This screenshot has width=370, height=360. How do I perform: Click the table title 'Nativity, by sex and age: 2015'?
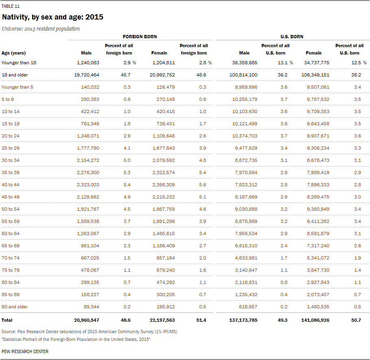[52, 17]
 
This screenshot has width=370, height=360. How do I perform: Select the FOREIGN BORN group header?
[140, 37]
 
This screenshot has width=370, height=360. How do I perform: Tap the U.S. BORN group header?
[292, 37]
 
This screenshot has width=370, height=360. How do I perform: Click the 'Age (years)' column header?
[14, 53]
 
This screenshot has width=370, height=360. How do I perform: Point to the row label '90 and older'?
[15, 307]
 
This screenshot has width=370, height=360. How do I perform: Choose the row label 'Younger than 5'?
[17, 87]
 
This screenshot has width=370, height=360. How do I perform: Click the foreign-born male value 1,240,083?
[88, 63]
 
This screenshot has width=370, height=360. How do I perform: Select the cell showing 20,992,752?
[162, 75]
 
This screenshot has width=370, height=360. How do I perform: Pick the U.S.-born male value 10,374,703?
[245, 136]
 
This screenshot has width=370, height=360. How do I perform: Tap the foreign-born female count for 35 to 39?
[163, 172]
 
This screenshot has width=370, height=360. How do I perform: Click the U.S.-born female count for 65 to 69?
[318, 246]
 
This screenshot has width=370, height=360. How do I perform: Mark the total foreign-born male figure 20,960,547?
[87, 321]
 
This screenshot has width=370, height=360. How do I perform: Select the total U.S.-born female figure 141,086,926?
[315, 321]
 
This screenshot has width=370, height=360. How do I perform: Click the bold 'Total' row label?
[7, 321]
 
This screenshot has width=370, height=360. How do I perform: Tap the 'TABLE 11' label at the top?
[11, 6]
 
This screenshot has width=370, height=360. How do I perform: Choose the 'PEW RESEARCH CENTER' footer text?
[25, 351]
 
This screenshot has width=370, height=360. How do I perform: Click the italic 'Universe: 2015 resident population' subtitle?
[41, 29]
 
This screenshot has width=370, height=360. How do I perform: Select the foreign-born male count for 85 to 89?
[90, 295]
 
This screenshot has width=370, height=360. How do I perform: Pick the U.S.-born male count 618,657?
[248, 307]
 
